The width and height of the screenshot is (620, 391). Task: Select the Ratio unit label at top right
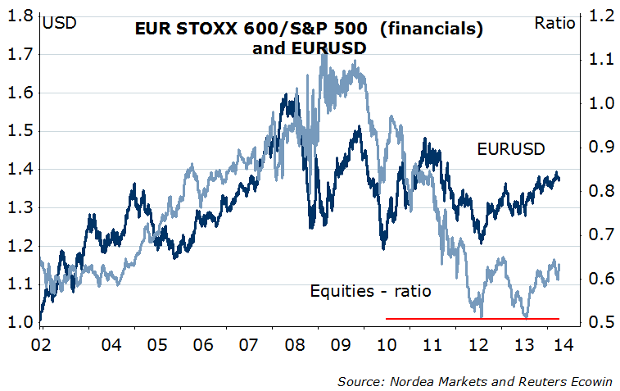click(x=554, y=22)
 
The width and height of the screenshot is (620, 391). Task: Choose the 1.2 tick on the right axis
click(x=599, y=16)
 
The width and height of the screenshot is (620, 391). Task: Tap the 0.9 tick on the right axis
click(x=599, y=148)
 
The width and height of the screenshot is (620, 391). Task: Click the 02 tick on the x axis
click(x=42, y=344)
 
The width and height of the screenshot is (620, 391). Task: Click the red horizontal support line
click(x=472, y=318)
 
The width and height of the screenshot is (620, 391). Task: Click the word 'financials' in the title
click(x=430, y=30)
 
